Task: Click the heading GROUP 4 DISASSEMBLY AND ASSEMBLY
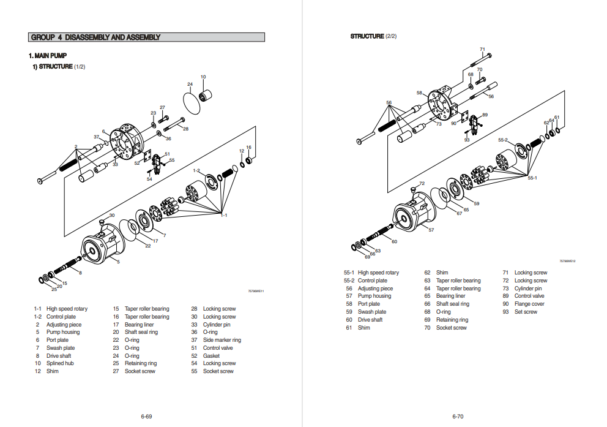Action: coord(95,37)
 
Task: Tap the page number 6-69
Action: coord(146,417)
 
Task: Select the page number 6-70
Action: coord(458,417)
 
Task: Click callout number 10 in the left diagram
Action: coord(203,77)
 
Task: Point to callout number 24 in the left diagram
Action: coord(190,84)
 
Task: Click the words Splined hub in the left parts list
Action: coord(60,363)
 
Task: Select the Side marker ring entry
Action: coord(222,340)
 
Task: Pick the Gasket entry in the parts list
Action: coord(211,356)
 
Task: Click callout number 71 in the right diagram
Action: coord(482,49)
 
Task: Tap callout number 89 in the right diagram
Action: coord(485,115)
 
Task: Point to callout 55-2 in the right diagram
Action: coord(502,140)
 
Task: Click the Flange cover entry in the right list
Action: coord(529,304)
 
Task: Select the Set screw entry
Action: coord(526,312)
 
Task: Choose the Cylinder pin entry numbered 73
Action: coord(527,289)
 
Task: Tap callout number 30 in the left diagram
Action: coord(111,215)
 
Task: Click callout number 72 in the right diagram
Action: coord(422,183)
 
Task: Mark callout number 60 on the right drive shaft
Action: coord(394,241)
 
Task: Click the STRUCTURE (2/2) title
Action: coord(373,36)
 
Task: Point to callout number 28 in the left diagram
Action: coord(185,129)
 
